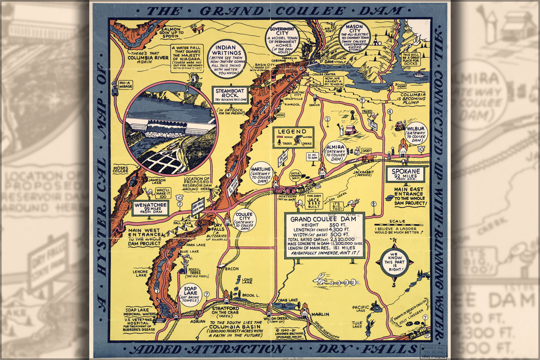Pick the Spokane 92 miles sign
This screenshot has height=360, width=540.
pyautogui.click(x=406, y=175)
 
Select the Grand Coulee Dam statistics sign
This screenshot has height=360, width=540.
pyautogui.click(x=325, y=235)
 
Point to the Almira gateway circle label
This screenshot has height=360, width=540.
pyautogui.click(x=335, y=153)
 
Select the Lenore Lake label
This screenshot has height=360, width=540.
pyautogui.click(x=140, y=274)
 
